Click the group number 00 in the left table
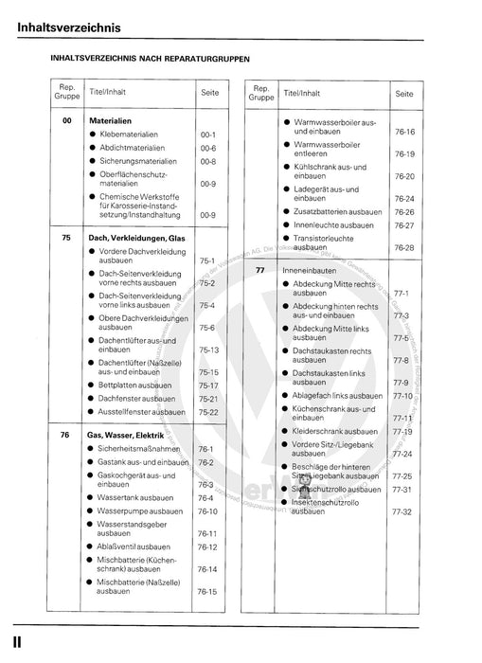[x=66, y=121]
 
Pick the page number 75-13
[x=208, y=350]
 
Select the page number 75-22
[x=208, y=412]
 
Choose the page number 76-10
[x=208, y=511]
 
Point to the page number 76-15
[x=208, y=591]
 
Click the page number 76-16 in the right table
[x=404, y=132]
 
